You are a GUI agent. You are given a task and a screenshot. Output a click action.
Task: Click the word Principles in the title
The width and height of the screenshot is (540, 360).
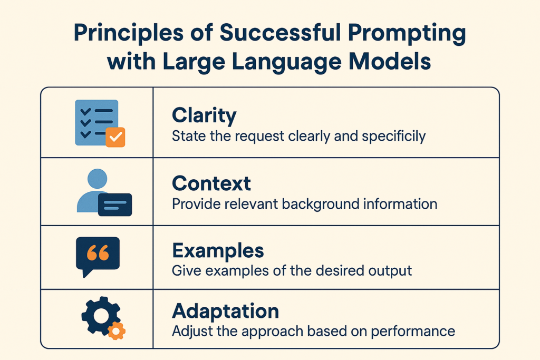pyautogui.click(x=129, y=33)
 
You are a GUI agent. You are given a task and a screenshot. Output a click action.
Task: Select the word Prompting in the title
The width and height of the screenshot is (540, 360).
pyautogui.click(x=407, y=34)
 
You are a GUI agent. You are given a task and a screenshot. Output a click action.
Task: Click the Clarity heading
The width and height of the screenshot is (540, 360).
pyautogui.click(x=204, y=115)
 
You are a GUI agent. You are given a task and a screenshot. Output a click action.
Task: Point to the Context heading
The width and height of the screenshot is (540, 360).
pyautogui.click(x=211, y=183)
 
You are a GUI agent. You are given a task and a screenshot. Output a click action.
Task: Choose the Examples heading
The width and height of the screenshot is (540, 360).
pyautogui.click(x=218, y=251)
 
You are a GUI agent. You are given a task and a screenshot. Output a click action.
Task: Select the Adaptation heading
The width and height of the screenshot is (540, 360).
pyautogui.click(x=226, y=312)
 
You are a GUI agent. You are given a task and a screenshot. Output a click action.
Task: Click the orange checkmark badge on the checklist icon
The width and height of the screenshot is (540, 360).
pyautogui.click(x=115, y=138)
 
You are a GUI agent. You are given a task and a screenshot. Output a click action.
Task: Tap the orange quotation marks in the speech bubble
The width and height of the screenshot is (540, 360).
pyautogui.click(x=98, y=253)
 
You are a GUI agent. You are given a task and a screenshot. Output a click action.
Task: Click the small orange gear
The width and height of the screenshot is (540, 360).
pyautogui.click(x=117, y=331)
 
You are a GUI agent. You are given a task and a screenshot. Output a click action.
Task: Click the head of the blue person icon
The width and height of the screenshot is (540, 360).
pyautogui.click(x=98, y=179)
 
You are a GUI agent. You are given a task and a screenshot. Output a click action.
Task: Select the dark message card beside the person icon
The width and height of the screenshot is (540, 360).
pyautogui.click(x=115, y=205)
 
